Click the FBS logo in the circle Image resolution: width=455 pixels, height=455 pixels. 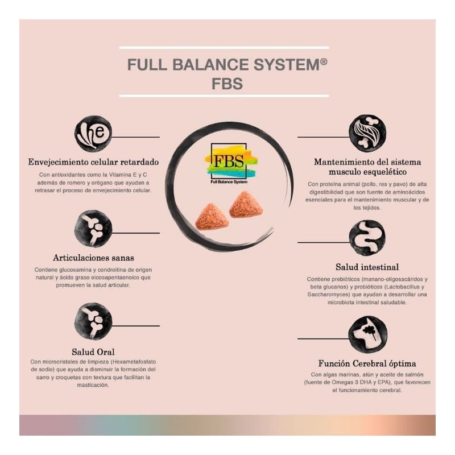coord(231,161)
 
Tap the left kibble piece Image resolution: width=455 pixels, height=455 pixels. coord(212,217)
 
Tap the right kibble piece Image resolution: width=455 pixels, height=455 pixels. coord(246,205)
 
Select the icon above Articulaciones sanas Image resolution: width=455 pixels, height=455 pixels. coord(93,229)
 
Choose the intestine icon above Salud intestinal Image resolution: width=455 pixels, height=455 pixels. coord(367,238)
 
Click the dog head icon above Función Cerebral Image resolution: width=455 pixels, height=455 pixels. coord(367,335)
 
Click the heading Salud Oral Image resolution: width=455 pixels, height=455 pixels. coord(93,351)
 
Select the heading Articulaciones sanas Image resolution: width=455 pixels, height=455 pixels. coord(93,258)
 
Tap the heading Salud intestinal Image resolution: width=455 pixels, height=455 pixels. coord(367,267)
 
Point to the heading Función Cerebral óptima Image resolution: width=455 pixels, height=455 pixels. coord(367,363)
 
